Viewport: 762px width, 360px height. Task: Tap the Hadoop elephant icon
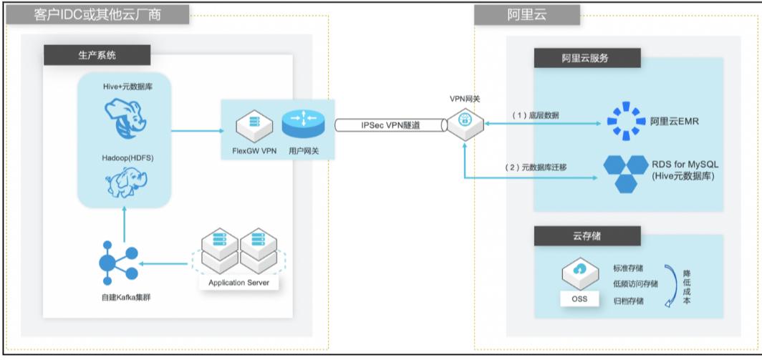coord(125,182)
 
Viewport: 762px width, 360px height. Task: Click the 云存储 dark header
coord(586,235)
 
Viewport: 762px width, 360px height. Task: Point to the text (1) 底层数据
coord(536,115)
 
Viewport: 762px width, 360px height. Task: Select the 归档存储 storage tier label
coord(629,301)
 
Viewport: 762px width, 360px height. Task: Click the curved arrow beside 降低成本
coord(671,286)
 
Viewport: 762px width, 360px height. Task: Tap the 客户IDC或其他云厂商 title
coord(97,14)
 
